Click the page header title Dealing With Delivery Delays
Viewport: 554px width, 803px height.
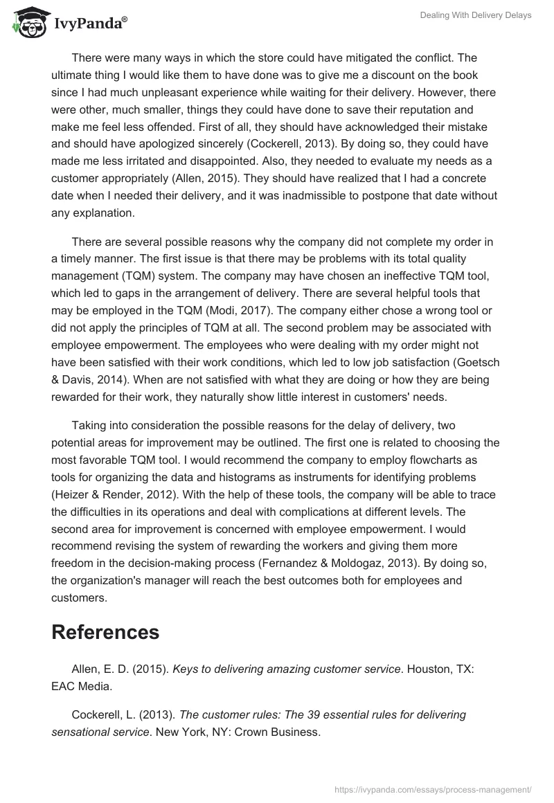pyautogui.click(x=476, y=15)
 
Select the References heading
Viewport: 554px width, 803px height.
pyautogui.click(x=105, y=631)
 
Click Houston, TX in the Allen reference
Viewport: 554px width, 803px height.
pyautogui.click(x=441, y=669)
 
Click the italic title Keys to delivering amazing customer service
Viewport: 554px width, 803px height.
pyautogui.click(x=286, y=669)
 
